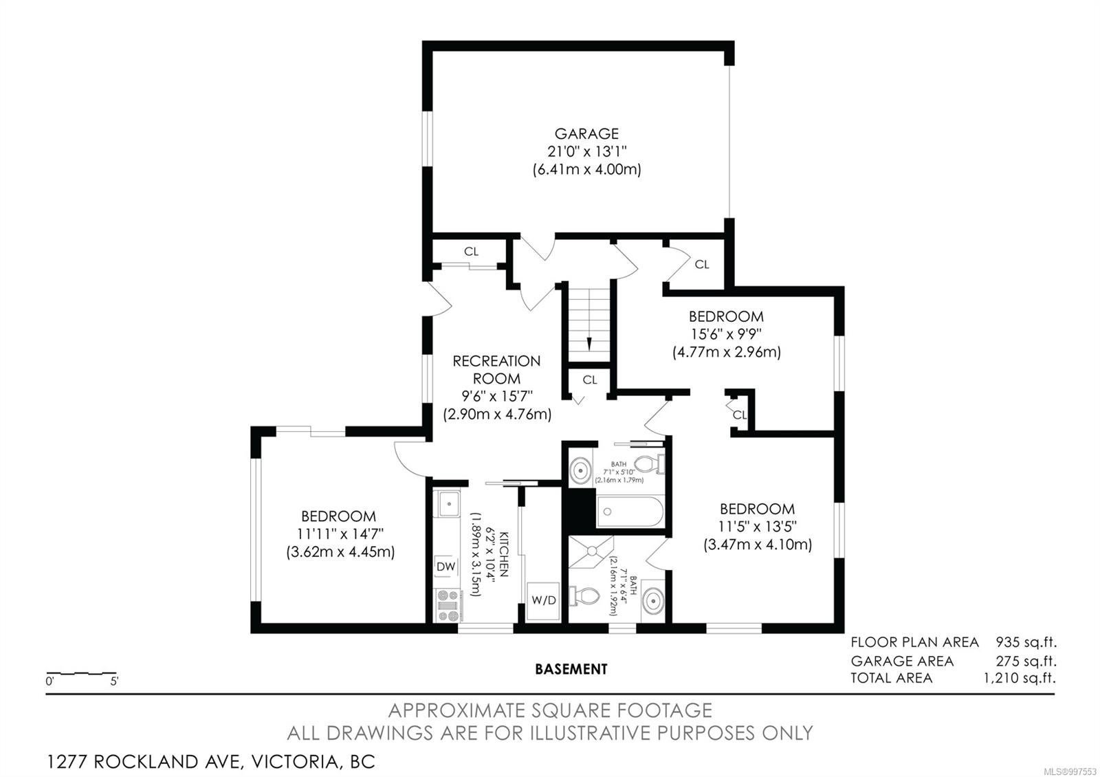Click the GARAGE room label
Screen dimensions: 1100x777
click(586, 133)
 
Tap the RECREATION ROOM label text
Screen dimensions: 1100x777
click(496, 370)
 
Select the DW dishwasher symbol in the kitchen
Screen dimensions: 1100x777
click(446, 567)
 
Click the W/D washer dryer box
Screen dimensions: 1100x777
click(544, 600)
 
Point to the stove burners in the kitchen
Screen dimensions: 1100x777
click(448, 606)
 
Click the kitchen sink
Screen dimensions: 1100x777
click(448, 503)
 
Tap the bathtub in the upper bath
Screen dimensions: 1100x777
click(630, 512)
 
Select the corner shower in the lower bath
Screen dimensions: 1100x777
click(591, 552)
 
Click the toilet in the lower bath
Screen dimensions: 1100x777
click(584, 596)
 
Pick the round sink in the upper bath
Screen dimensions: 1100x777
click(581, 470)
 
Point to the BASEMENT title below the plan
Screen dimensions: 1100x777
click(571, 669)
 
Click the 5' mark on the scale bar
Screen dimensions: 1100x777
click(114, 681)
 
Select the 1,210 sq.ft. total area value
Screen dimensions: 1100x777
click(1020, 678)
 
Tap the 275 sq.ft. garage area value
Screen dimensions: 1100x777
click(1026, 661)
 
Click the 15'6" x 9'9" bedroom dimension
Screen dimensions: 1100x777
click(726, 334)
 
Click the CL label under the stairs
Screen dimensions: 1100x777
click(590, 380)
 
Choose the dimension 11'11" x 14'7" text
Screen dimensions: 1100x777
click(340, 534)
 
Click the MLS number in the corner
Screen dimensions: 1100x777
click(1076, 771)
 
